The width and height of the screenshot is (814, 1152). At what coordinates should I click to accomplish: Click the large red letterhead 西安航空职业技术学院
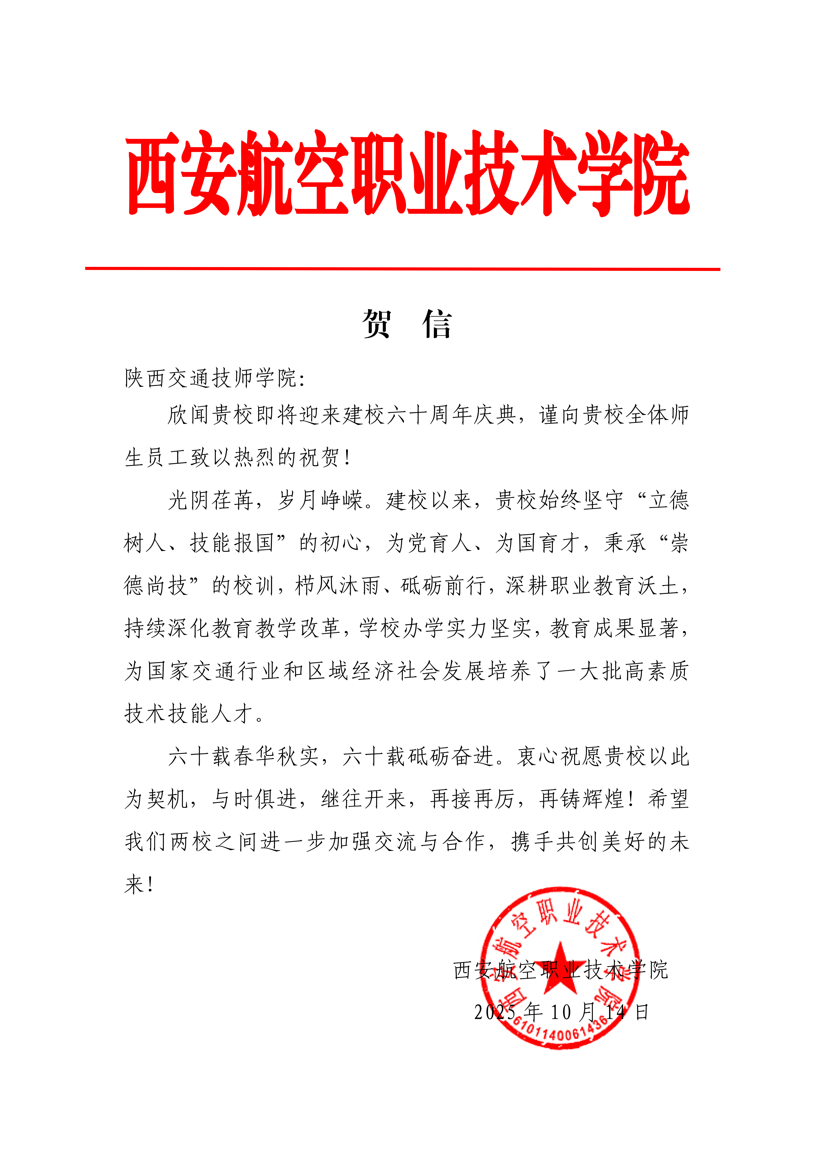point(407,173)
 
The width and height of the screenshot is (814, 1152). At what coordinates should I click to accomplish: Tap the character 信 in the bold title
point(437,325)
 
